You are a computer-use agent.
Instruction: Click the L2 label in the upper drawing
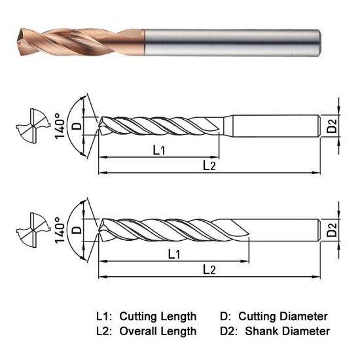[x=209, y=166]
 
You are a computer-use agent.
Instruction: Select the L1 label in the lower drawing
[x=174, y=253]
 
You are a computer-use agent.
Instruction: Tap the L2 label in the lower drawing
[x=209, y=269]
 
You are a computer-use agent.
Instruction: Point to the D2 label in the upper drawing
[x=332, y=127]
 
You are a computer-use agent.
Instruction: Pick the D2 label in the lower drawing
[x=332, y=230]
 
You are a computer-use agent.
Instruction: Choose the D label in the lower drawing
[x=77, y=230]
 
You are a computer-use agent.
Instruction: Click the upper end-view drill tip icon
[x=30, y=125]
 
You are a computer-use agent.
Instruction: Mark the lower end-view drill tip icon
[x=30, y=228]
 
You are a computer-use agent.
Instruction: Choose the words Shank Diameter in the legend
[x=287, y=331]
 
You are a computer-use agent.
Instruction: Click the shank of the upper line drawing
[x=275, y=126]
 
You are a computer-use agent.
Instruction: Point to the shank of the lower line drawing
[x=285, y=230]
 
